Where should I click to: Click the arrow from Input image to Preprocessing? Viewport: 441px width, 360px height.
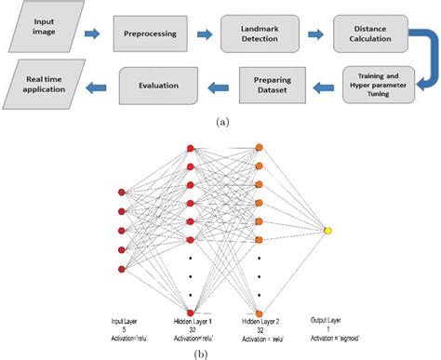[x=93, y=34]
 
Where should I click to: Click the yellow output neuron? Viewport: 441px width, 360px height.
[x=327, y=230]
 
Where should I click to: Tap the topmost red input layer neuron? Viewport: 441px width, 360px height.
[x=121, y=191]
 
